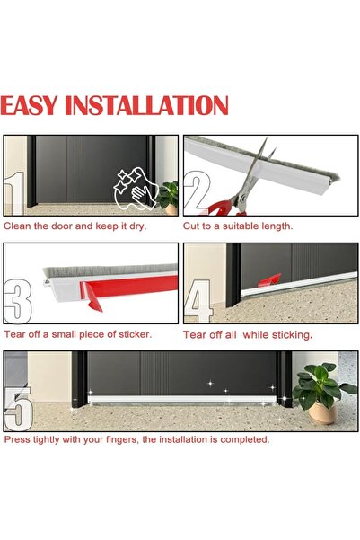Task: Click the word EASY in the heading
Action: click(29, 105)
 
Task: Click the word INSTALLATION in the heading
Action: click(146, 105)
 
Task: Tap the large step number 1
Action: click(14, 193)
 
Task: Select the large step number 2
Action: click(197, 190)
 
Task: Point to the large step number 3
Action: click(18, 302)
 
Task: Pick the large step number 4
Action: click(198, 301)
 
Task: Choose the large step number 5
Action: click(19, 409)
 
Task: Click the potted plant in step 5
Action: click(322, 393)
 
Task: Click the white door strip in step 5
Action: click(182, 400)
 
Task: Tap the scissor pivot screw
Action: click(243, 198)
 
